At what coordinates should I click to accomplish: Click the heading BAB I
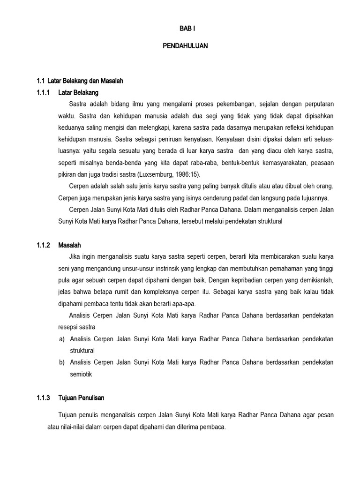187,29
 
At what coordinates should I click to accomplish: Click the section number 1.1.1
44,92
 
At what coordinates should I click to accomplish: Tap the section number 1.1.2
44,245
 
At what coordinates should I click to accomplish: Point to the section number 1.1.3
44,397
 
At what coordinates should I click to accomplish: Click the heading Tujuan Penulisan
82,397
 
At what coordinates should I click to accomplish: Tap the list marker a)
62,338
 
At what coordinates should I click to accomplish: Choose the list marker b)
62,362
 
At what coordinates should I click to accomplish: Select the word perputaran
317,104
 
